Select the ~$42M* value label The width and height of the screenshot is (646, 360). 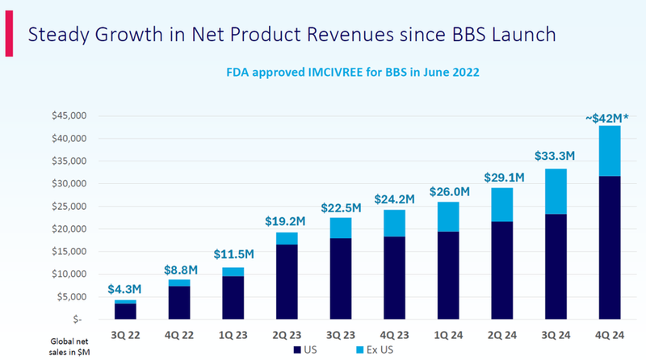point(608,119)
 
